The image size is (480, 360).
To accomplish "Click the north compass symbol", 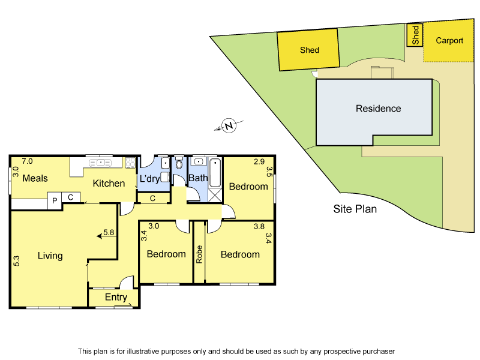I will coord(229,126).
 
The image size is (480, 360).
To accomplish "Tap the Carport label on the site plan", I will coord(449,41).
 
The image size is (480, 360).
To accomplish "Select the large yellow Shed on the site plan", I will coord(309,50).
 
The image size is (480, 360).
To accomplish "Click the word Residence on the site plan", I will coord(378,109).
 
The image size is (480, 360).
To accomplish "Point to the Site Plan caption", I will coord(355,209).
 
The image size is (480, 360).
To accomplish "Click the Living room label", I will coord(50,256).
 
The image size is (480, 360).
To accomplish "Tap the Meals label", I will coord(35,179).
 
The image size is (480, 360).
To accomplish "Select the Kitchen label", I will coord(109,183).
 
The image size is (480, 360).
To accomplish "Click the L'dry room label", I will coord(150,179).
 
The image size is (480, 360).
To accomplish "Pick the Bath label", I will coord(197,178).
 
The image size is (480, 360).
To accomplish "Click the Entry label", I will coord(116,297).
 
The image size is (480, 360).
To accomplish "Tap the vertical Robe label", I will coord(199,254).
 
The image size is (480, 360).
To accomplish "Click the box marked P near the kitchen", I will coord(55,200).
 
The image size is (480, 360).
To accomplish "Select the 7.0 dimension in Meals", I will coord(27,161).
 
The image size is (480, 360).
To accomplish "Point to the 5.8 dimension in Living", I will coord(109,232).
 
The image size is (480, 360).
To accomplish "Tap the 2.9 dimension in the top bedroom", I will coord(259,161).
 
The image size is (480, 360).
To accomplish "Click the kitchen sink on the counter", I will coord(100,161).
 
